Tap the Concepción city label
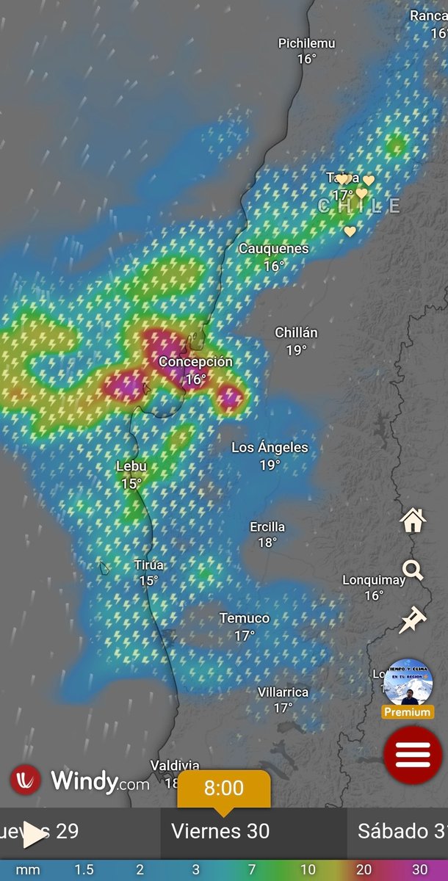click(195, 362)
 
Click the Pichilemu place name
click(306, 43)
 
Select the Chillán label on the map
click(296, 333)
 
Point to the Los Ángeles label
click(270, 447)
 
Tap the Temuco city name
click(245, 618)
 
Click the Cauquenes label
click(273, 249)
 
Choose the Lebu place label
click(131, 466)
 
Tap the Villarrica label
click(283, 692)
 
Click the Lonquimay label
click(374, 580)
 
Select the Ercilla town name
click(267, 527)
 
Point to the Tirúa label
click(149, 565)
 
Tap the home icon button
click(413, 521)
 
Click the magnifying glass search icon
click(413, 570)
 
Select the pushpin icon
click(412, 620)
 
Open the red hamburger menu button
click(413, 754)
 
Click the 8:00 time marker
click(223, 789)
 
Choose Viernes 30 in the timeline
click(220, 831)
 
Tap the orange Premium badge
click(408, 712)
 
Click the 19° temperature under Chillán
click(296, 350)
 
